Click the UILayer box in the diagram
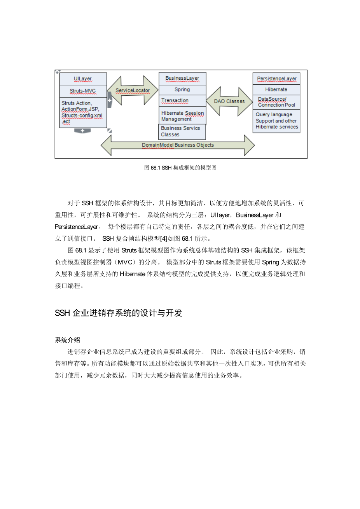click(x=83, y=79)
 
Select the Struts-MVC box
click(x=83, y=91)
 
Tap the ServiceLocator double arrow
click(x=133, y=91)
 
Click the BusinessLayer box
click(x=182, y=79)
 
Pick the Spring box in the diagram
click(x=182, y=90)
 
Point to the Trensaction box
click(x=182, y=101)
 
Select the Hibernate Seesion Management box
click(x=182, y=116)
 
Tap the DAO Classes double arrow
click(x=229, y=101)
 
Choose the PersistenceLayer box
click(x=276, y=79)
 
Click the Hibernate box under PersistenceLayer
click(x=276, y=89)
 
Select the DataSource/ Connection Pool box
click(x=276, y=102)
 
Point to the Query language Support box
click(x=276, y=121)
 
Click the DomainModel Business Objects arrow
click(x=178, y=145)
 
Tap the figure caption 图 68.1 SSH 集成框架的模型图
click(x=180, y=168)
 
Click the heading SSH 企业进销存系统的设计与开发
click(x=119, y=313)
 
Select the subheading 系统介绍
click(x=67, y=340)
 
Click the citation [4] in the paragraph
click(x=164, y=239)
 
